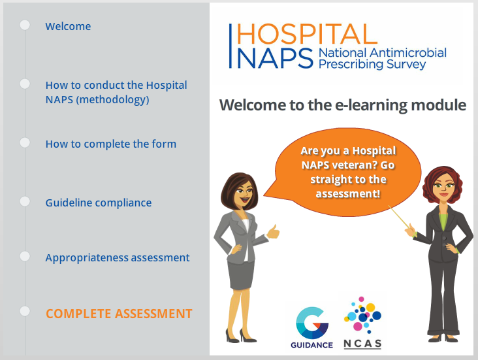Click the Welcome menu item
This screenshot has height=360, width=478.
click(x=68, y=27)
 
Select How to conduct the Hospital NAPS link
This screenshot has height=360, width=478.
click(x=116, y=92)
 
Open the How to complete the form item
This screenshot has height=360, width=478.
click(x=110, y=144)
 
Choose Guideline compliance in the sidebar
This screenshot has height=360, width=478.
click(x=98, y=203)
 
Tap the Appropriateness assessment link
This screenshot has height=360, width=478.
click(x=118, y=257)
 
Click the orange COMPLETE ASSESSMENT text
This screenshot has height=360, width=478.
click(x=119, y=314)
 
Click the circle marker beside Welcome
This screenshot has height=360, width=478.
click(x=25, y=25)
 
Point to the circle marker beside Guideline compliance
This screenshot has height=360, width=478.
click(x=25, y=201)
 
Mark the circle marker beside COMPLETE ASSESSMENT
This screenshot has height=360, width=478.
click(x=25, y=312)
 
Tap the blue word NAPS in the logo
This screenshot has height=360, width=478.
click(x=274, y=58)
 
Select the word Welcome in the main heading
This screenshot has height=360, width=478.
click(x=251, y=105)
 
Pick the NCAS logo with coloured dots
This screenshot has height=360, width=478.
click(x=362, y=323)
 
